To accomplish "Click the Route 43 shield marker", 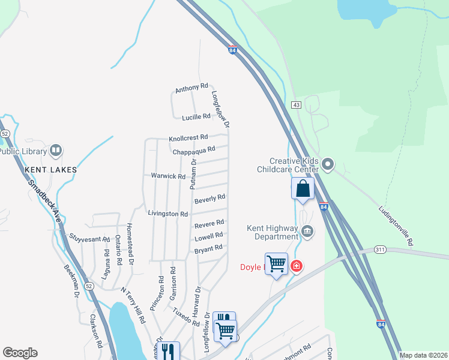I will [296, 105].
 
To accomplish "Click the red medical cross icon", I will [296, 266].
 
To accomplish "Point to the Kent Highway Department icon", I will [307, 230].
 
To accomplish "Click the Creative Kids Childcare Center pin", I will [328, 163].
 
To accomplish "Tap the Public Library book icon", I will [55, 150].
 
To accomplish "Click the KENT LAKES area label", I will [51, 170].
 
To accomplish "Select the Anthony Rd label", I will [191, 89].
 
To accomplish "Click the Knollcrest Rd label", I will [188, 137].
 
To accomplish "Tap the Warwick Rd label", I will [167, 176].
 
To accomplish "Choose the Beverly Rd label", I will [209, 197].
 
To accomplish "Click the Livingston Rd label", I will [167, 214].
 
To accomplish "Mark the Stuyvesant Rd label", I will [89, 238].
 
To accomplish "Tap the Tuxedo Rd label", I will [185, 317].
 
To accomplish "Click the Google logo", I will [20, 353].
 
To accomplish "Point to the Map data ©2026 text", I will [423, 355].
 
